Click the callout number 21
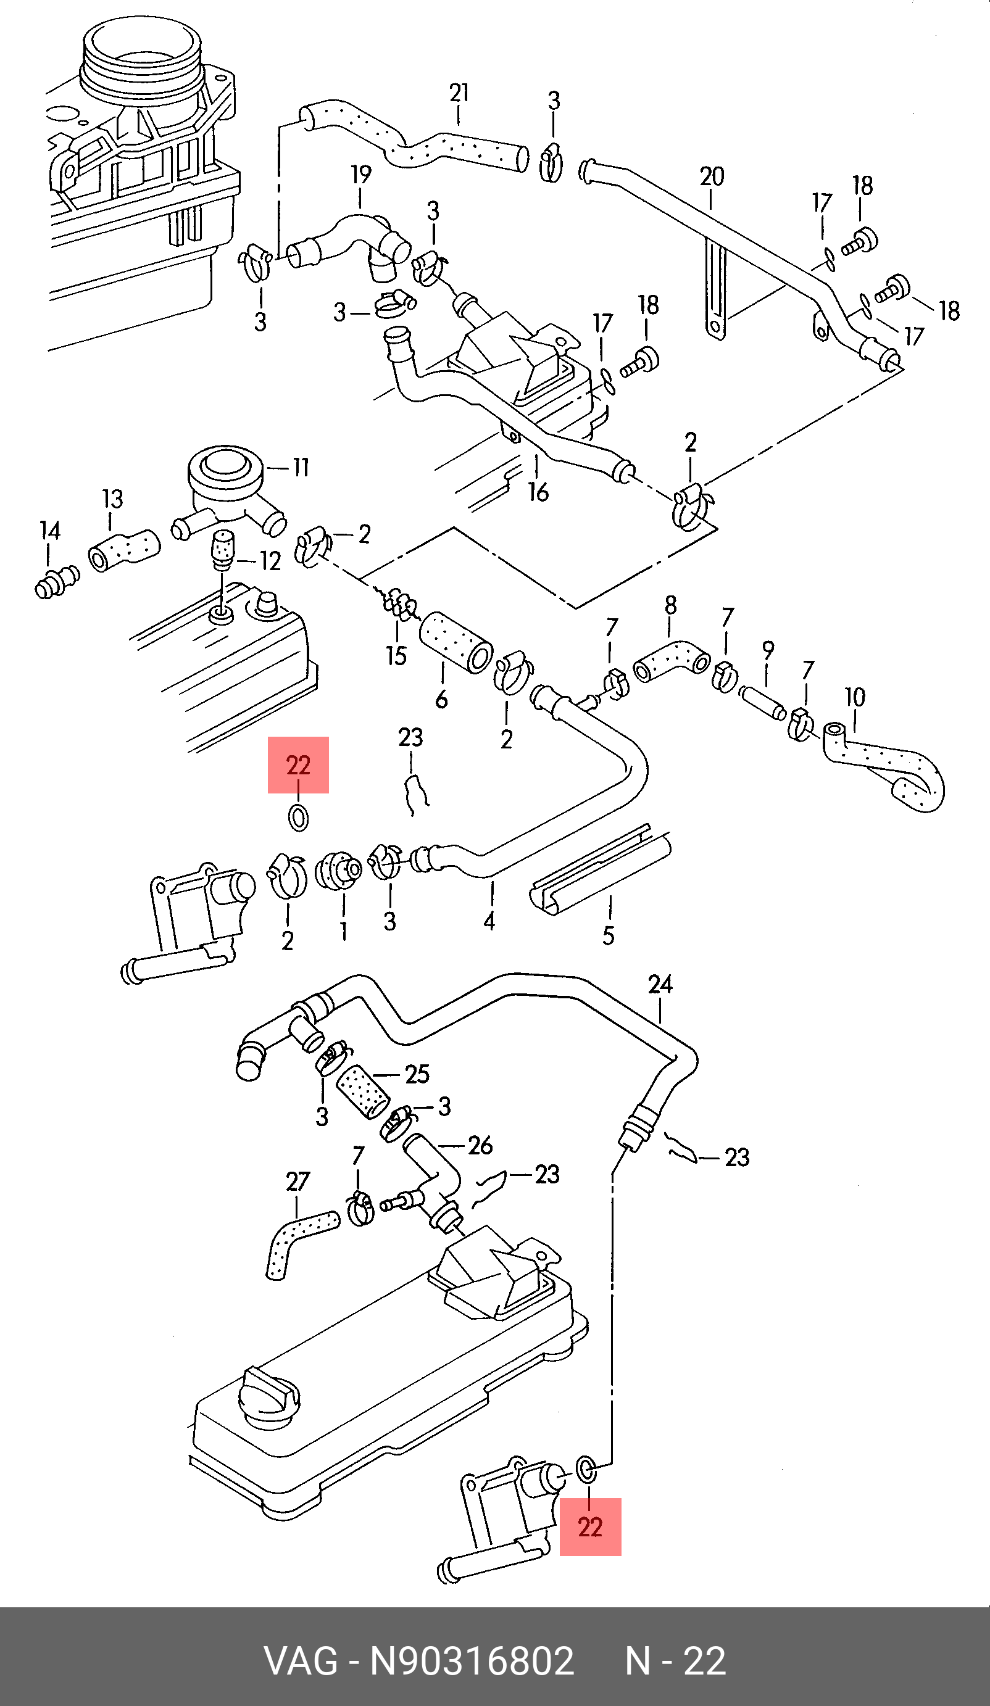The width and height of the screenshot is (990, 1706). pyautogui.click(x=459, y=93)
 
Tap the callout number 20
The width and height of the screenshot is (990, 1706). pyautogui.click(x=712, y=176)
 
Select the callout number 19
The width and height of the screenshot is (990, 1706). pyautogui.click(x=361, y=175)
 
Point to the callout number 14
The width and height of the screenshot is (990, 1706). pyautogui.click(x=50, y=531)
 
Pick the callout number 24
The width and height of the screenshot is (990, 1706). pyautogui.click(x=660, y=983)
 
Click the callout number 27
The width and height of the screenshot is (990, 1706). pyautogui.click(x=297, y=1182)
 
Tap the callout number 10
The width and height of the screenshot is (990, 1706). pyautogui.click(x=855, y=697)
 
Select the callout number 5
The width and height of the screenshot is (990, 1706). pyautogui.click(x=608, y=935)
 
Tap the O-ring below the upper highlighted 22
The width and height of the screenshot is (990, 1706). pyautogui.click(x=299, y=818)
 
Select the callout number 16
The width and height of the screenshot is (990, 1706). pyautogui.click(x=538, y=492)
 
